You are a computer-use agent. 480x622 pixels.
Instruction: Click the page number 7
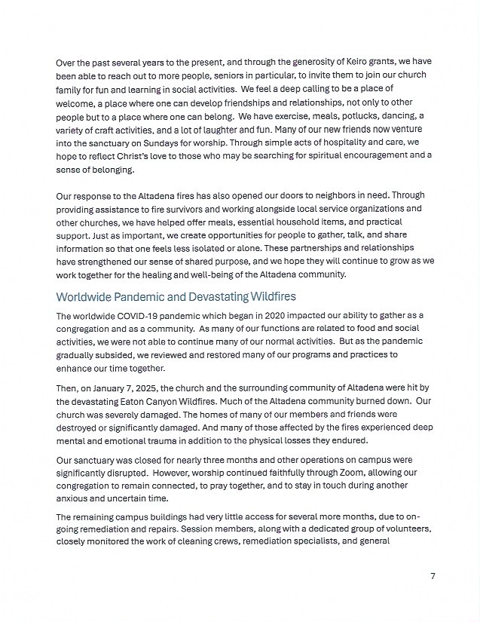433,576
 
